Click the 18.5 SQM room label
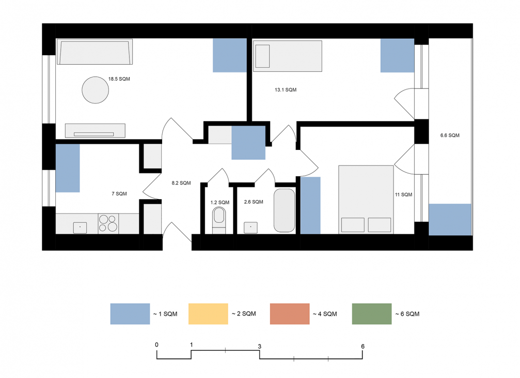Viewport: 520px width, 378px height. point(119,79)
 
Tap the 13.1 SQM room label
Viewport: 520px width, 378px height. point(286,89)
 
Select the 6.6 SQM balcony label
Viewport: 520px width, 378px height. point(450,135)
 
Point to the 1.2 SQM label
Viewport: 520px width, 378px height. point(219,202)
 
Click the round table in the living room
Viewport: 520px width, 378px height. point(96,90)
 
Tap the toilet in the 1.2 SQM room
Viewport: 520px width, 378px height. point(219,220)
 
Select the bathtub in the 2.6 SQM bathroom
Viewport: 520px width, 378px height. point(284,210)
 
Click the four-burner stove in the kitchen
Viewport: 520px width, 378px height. point(108,223)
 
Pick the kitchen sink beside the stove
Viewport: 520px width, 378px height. point(80,228)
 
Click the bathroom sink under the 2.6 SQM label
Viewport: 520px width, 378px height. point(251,228)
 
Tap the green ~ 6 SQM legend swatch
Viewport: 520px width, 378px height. point(372,313)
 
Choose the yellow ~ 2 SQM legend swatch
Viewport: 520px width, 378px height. point(208,313)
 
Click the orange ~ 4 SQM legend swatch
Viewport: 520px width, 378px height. point(290,313)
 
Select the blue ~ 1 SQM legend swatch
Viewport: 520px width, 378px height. point(130,313)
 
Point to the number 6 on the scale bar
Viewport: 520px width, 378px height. point(363,346)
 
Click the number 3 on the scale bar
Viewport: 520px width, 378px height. point(260,346)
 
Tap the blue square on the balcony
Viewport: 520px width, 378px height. point(450,220)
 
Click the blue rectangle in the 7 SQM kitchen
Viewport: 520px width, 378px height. point(68,168)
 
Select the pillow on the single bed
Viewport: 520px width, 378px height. point(263,56)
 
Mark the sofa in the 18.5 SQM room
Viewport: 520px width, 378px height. point(95,52)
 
